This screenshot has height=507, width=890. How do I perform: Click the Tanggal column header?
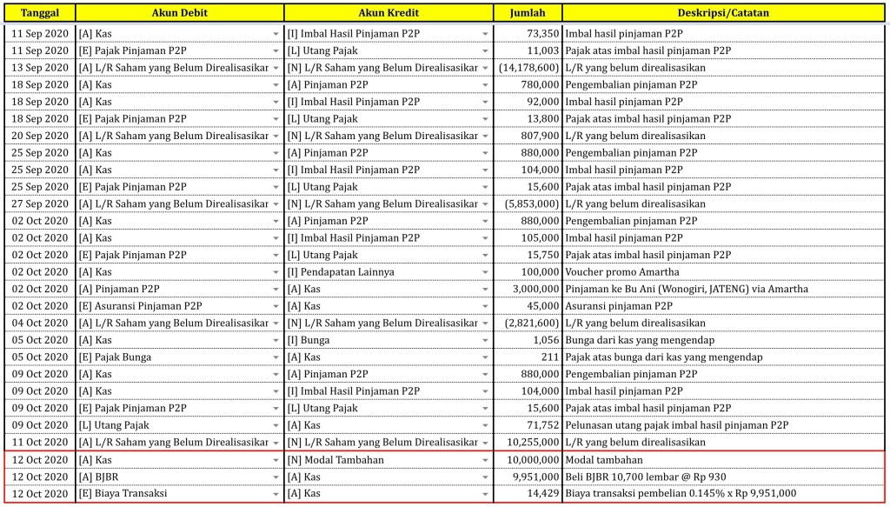point(40,13)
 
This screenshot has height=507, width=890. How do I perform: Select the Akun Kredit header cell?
point(389,13)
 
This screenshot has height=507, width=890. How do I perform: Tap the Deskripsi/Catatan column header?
point(723,13)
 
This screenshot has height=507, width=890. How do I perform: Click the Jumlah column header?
point(528,13)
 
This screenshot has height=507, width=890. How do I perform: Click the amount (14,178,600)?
point(529,67)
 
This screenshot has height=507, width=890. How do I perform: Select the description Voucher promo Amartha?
point(622,272)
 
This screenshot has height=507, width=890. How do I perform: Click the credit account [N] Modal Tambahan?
point(335,460)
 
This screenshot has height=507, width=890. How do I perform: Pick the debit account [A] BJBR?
point(97,477)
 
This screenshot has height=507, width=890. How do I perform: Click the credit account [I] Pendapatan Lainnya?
point(341,272)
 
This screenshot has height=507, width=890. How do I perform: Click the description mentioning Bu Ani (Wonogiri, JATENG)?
point(687,289)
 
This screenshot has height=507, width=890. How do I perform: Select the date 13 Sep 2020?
point(40,67)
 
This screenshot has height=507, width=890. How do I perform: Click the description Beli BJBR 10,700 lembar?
point(645,477)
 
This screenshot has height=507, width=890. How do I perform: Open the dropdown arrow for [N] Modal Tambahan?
point(485,460)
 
